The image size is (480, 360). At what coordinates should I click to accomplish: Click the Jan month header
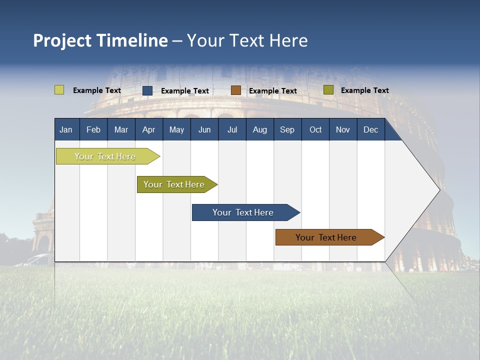[66, 129]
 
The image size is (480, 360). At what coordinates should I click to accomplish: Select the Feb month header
[93, 129]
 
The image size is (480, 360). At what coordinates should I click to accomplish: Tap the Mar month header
[121, 129]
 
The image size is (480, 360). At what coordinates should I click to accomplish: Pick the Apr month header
[149, 129]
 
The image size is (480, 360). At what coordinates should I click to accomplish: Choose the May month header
[176, 129]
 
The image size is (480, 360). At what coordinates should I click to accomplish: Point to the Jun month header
[204, 129]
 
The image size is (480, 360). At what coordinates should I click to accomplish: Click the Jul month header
[232, 129]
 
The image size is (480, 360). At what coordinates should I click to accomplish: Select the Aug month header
[260, 129]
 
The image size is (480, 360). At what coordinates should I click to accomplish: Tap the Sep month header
[287, 129]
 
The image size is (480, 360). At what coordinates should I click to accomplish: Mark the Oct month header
[315, 129]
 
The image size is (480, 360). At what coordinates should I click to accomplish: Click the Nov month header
[343, 129]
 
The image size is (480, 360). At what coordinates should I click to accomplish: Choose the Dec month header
[371, 129]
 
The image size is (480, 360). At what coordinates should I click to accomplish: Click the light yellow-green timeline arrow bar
[105, 156]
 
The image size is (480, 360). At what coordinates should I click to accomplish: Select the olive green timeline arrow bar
[174, 184]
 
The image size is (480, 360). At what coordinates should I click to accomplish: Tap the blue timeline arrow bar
[243, 212]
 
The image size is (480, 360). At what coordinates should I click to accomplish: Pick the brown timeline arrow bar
[326, 237]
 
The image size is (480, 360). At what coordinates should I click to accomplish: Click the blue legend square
[147, 90]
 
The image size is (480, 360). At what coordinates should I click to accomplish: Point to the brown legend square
[236, 90]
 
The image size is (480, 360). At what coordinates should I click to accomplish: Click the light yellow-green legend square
[59, 90]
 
